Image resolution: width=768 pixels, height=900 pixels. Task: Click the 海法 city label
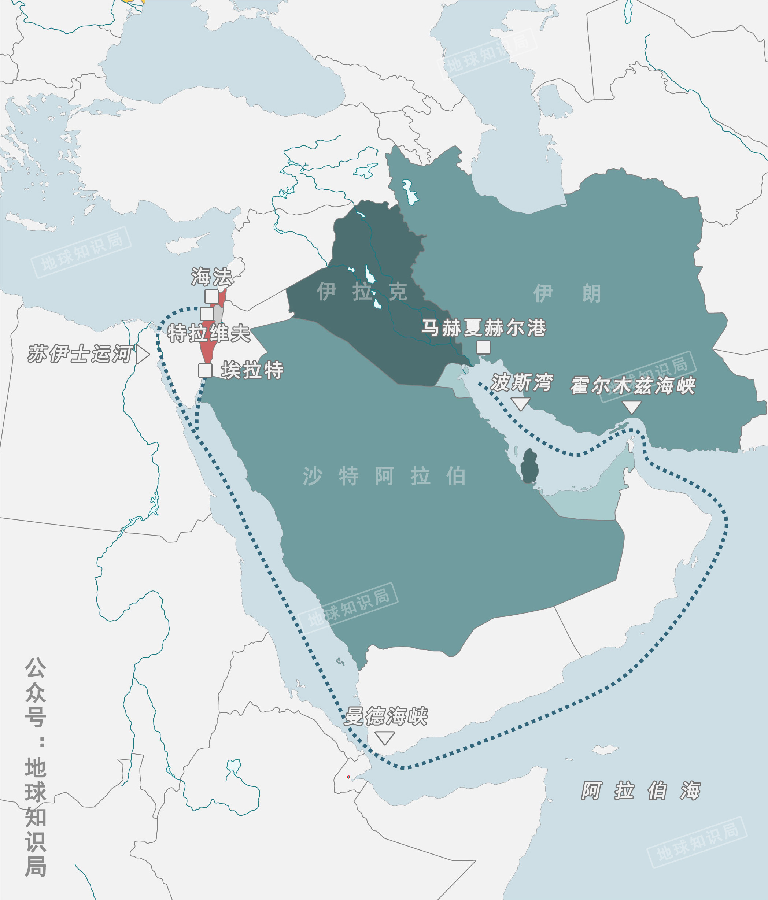coord(212,277)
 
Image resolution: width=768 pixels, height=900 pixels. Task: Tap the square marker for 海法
coord(211,296)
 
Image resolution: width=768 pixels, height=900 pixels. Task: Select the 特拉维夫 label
coord(209,334)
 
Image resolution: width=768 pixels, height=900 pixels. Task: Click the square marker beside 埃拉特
coord(206,370)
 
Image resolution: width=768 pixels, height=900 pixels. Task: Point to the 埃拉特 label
coord(252,370)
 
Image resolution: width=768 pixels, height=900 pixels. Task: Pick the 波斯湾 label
coord(522,383)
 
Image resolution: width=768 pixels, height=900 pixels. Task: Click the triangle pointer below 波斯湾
coord(520,404)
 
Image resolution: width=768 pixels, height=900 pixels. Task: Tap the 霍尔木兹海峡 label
coord(633,386)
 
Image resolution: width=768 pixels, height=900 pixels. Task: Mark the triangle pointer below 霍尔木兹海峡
coord(632,407)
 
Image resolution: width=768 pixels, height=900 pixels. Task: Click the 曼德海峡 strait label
coord(386,716)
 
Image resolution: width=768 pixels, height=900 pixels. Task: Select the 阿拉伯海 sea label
coord(641,790)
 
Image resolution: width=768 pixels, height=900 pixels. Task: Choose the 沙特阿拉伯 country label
coord(384,477)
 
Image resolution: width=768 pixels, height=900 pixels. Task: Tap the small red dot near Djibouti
coord(348,777)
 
